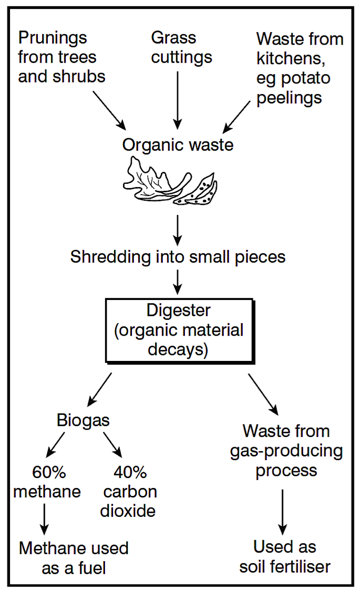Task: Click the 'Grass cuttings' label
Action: tap(181, 47)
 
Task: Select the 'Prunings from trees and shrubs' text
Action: tap(61, 57)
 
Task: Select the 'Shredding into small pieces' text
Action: tap(178, 257)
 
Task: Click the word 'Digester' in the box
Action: tap(178, 310)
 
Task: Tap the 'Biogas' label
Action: tap(83, 420)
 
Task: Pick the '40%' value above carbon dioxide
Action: tap(129, 472)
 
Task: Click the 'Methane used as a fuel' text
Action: tap(74, 557)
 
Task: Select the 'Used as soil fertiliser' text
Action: tap(285, 556)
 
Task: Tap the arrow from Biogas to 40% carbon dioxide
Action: tap(112, 444)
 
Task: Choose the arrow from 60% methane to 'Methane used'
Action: tap(44, 518)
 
